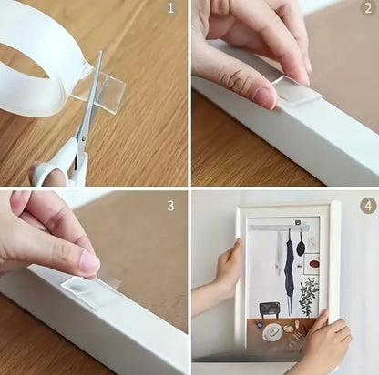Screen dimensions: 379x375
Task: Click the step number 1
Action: (x=170, y=8)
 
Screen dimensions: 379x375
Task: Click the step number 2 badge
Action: (x=368, y=8)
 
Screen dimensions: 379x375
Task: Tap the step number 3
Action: (x=170, y=206)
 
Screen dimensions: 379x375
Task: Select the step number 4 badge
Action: (x=368, y=206)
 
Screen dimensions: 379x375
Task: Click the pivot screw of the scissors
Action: (x=82, y=138)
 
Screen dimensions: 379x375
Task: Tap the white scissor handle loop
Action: (x=52, y=171)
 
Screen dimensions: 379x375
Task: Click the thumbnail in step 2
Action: (x=267, y=97)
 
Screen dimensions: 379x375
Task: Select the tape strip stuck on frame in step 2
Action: (x=298, y=91)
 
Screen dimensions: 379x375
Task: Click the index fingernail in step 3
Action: (x=89, y=263)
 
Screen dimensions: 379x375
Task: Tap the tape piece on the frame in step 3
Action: (x=91, y=291)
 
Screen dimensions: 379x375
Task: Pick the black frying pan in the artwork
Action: (x=301, y=247)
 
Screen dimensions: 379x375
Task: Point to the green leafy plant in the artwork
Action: (x=308, y=294)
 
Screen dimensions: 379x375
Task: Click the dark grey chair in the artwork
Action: (x=269, y=309)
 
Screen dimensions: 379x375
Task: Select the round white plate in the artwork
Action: (x=272, y=332)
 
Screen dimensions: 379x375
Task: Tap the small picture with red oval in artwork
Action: (x=312, y=264)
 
